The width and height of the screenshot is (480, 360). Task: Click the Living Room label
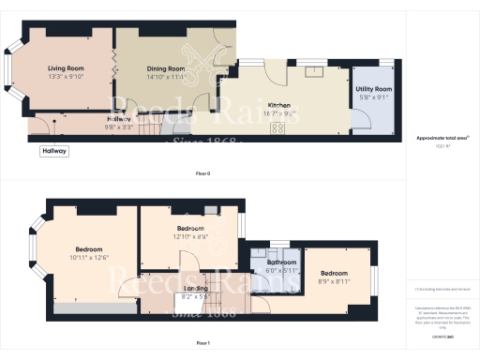67,68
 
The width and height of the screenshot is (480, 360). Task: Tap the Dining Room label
165,68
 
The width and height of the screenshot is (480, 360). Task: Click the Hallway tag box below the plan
54,151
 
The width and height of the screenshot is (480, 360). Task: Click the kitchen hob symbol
278,127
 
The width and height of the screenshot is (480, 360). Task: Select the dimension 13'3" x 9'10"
67,77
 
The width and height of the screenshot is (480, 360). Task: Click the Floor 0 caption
202,174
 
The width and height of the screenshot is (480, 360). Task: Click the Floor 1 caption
202,344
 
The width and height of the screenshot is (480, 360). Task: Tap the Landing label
195,288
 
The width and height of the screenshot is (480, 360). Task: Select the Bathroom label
281,262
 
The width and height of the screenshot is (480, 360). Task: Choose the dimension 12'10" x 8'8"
190,237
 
